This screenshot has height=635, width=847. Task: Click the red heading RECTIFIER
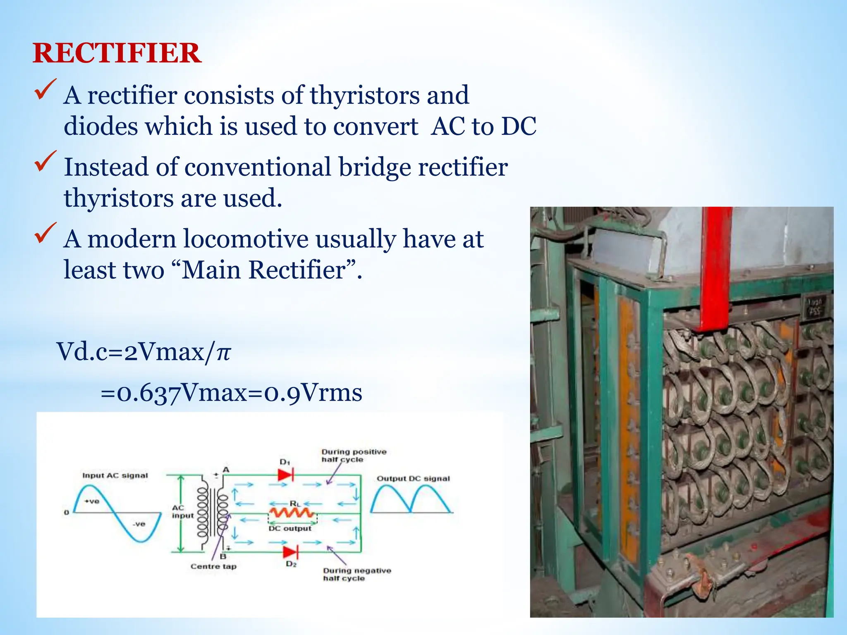point(117,53)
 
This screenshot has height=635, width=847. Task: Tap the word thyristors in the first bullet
point(364,95)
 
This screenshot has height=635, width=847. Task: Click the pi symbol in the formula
point(223,352)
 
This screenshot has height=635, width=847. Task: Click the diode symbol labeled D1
point(286,474)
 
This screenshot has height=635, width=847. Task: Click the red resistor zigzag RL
point(292,513)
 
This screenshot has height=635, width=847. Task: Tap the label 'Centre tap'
point(213,566)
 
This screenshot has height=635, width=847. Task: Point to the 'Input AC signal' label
point(115,475)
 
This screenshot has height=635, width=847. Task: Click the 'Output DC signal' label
point(413,479)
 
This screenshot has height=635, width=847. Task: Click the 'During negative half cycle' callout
point(357,574)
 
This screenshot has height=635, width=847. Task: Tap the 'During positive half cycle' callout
point(354,456)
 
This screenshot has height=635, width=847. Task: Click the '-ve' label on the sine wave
point(139,524)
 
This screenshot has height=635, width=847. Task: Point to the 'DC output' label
point(290,529)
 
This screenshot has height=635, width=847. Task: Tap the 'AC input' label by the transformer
point(182,511)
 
